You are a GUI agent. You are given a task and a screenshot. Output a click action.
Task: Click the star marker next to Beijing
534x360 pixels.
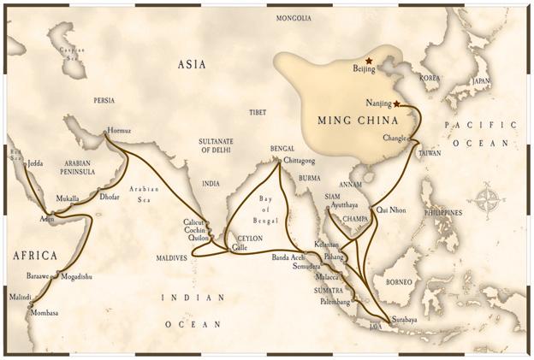click(x=369, y=61)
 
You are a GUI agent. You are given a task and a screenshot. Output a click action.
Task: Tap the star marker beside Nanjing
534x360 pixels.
click(x=396, y=103)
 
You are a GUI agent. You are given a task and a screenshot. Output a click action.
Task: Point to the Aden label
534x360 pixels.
click(x=45, y=219)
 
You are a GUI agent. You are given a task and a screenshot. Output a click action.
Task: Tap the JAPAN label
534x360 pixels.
click(x=482, y=81)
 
